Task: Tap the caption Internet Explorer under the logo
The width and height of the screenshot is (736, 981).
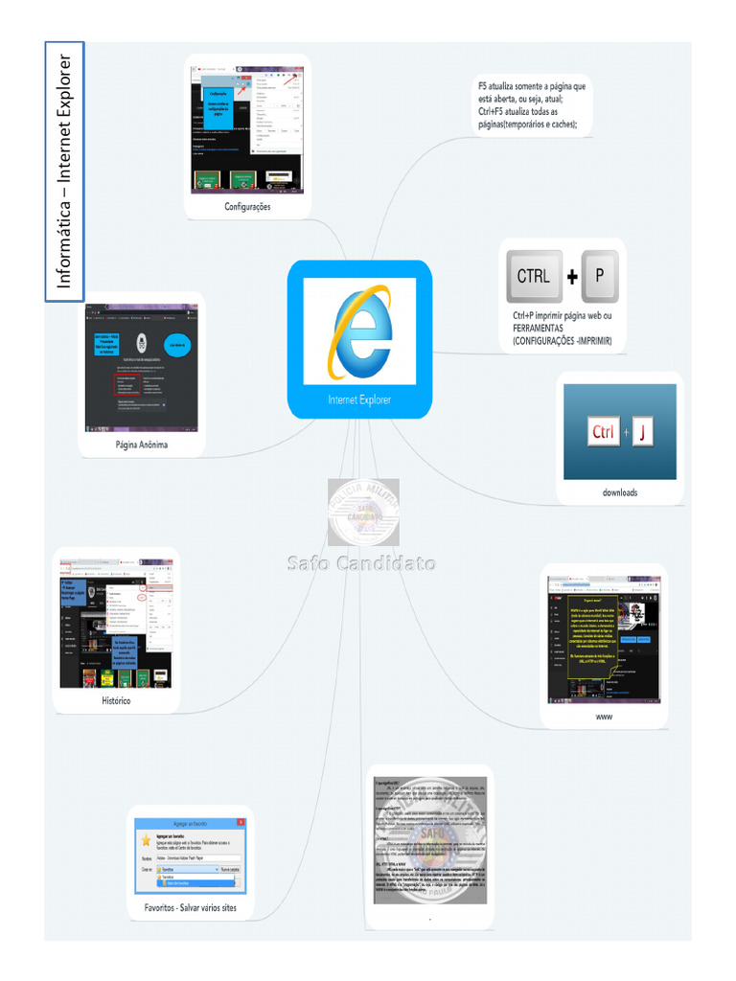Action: click(x=359, y=400)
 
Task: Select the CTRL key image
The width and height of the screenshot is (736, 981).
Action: click(x=534, y=277)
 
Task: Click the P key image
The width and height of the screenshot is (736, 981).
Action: click(x=599, y=276)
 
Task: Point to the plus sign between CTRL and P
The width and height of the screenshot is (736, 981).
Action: click(x=572, y=277)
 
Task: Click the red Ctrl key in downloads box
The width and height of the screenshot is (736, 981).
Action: click(x=604, y=432)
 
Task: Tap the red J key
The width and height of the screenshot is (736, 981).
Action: click(x=641, y=432)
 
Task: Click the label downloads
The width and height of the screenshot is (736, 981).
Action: click(x=619, y=492)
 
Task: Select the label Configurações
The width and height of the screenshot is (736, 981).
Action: click(x=247, y=206)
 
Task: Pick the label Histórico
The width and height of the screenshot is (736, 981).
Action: click(x=115, y=700)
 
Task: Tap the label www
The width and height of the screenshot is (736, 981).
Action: click(x=603, y=717)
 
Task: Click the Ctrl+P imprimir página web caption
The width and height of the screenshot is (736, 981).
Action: click(x=562, y=328)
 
